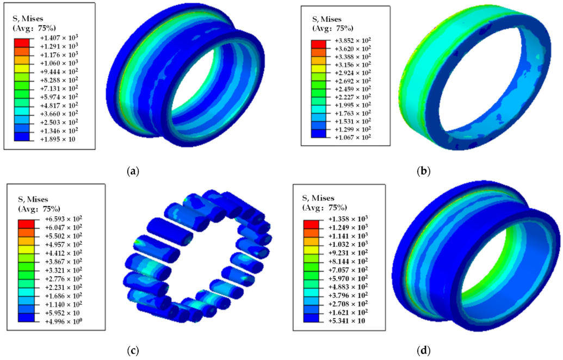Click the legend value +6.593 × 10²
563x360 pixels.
coord(63,219)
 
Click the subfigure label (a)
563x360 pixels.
coord(133,171)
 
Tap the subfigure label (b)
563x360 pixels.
coord(424,171)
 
